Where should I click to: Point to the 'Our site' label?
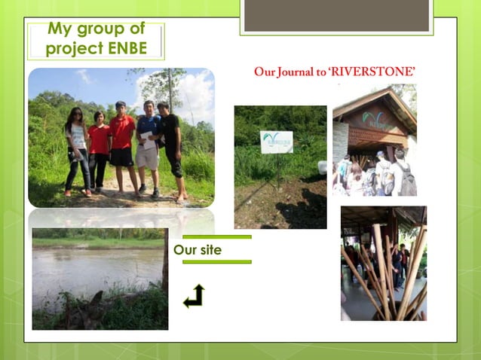click(198, 250)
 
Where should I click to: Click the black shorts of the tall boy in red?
click(121, 157)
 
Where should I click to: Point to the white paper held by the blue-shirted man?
click(146, 139)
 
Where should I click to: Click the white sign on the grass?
click(277, 142)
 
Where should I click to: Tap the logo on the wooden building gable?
click(374, 118)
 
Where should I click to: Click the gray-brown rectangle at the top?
click(336, 15)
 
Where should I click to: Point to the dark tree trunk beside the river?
click(164, 264)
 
